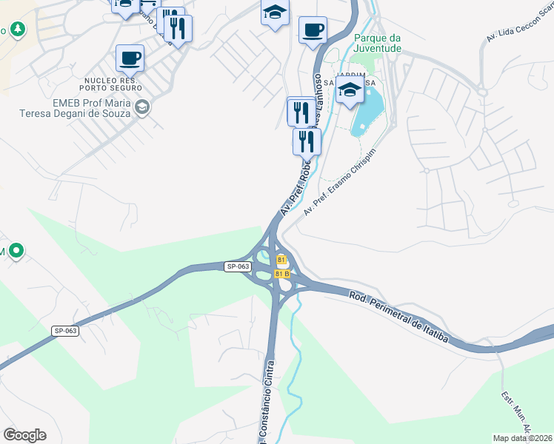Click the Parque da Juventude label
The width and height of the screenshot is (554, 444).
pyautogui.click(x=378, y=43)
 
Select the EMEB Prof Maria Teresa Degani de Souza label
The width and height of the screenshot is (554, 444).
pyautogui.click(x=75, y=108)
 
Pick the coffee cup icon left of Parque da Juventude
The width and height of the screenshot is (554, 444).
pyautogui.click(x=313, y=30)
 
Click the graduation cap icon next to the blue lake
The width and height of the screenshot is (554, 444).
pyautogui.click(x=350, y=91)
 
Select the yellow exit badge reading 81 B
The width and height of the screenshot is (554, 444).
pyautogui.click(x=282, y=274)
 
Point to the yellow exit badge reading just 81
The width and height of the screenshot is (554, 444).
pyautogui.click(x=281, y=260)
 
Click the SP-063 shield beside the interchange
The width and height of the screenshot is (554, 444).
pyautogui.click(x=236, y=266)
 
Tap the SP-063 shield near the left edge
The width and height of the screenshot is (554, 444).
pyautogui.click(x=65, y=331)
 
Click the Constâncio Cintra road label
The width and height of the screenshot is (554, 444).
pyautogui.click(x=267, y=400)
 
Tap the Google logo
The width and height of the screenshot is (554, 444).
pyautogui.click(x=24, y=434)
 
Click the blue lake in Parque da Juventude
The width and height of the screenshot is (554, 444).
pyautogui.click(x=367, y=111)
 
